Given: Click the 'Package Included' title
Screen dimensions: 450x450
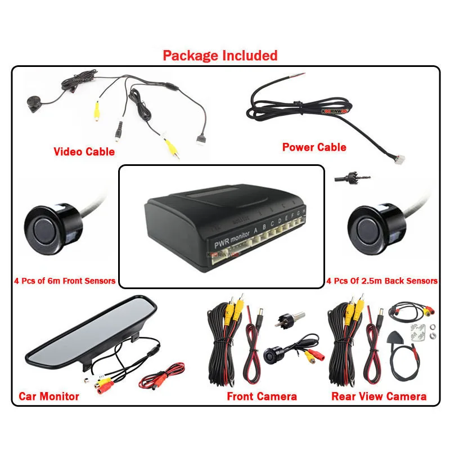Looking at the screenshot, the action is (220, 55).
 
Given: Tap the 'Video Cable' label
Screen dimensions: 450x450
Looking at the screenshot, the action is (84, 151).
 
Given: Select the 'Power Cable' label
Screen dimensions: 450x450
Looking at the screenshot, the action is (314, 147).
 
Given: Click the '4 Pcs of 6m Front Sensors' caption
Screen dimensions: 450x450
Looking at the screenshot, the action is (65, 281).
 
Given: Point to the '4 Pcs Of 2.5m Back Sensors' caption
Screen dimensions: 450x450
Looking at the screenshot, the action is (382, 281).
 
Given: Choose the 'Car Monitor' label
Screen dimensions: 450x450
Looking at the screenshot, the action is (49, 396).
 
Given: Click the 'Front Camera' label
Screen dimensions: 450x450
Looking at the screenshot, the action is (262, 397).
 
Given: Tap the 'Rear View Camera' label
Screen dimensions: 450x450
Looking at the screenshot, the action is (379, 397).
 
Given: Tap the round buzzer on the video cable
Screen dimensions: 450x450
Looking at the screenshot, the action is (33, 103).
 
